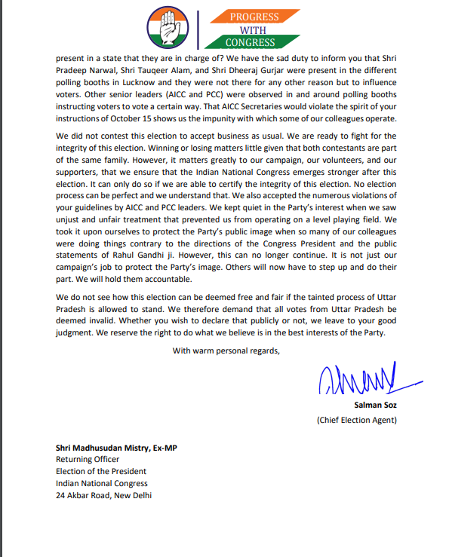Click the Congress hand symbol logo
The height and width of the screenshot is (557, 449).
tap(168, 27)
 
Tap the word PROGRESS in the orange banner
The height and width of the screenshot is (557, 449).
tap(254, 17)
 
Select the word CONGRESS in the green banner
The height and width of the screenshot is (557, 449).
tap(249, 43)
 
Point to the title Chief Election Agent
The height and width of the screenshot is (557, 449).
tap(356, 419)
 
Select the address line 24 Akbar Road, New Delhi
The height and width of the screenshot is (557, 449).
tap(104, 495)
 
